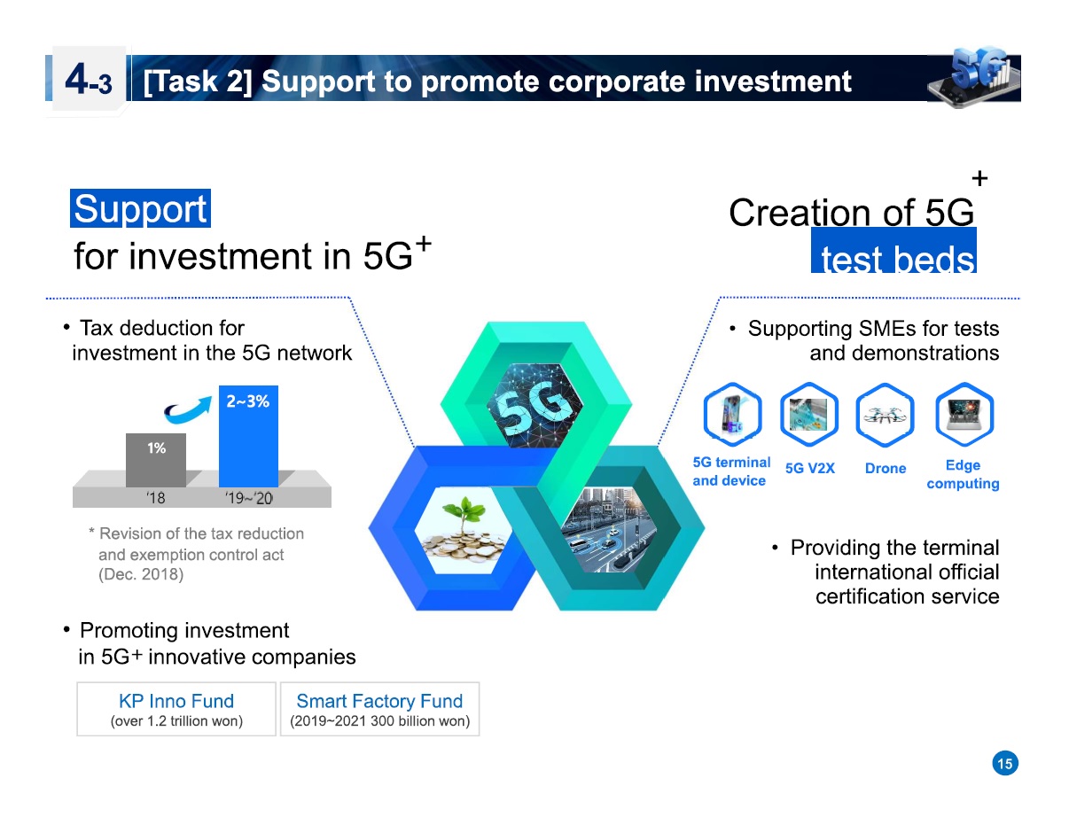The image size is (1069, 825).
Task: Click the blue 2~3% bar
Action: (248, 436)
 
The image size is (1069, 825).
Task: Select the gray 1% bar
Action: (156, 459)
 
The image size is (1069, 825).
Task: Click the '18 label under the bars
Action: (155, 498)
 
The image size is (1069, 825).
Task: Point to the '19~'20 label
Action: (249, 498)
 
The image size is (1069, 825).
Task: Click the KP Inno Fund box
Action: (176, 709)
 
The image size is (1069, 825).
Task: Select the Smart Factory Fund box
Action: (379, 709)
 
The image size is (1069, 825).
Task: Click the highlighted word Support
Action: (140, 209)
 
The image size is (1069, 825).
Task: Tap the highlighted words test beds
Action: (893, 259)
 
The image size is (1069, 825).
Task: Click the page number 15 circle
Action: (1004, 763)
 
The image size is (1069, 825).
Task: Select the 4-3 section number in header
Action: (87, 82)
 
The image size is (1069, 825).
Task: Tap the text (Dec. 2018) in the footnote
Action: (140, 574)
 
